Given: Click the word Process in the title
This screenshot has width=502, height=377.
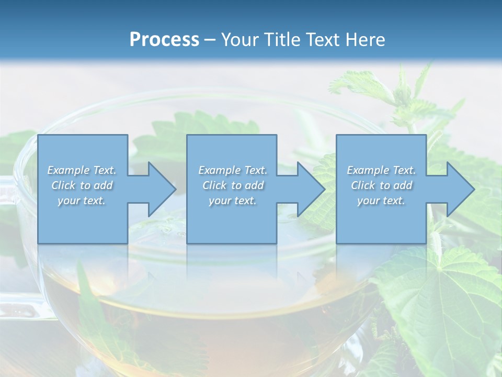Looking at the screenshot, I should [x=164, y=40].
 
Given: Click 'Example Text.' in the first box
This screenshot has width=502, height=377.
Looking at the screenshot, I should [x=82, y=170].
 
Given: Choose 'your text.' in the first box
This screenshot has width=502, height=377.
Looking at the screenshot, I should [x=82, y=201].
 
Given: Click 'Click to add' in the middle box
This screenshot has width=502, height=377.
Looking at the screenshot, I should [x=233, y=185].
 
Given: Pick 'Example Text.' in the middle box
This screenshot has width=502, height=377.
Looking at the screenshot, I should [x=233, y=170].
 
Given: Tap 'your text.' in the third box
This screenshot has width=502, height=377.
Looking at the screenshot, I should [x=381, y=201].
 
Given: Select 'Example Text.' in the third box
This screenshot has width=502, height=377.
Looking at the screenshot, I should [x=381, y=170].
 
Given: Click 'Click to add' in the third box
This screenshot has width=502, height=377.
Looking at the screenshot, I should [x=381, y=185].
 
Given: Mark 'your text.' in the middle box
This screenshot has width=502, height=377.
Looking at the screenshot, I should [x=233, y=201].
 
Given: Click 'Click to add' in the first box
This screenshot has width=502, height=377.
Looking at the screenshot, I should [x=82, y=185].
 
